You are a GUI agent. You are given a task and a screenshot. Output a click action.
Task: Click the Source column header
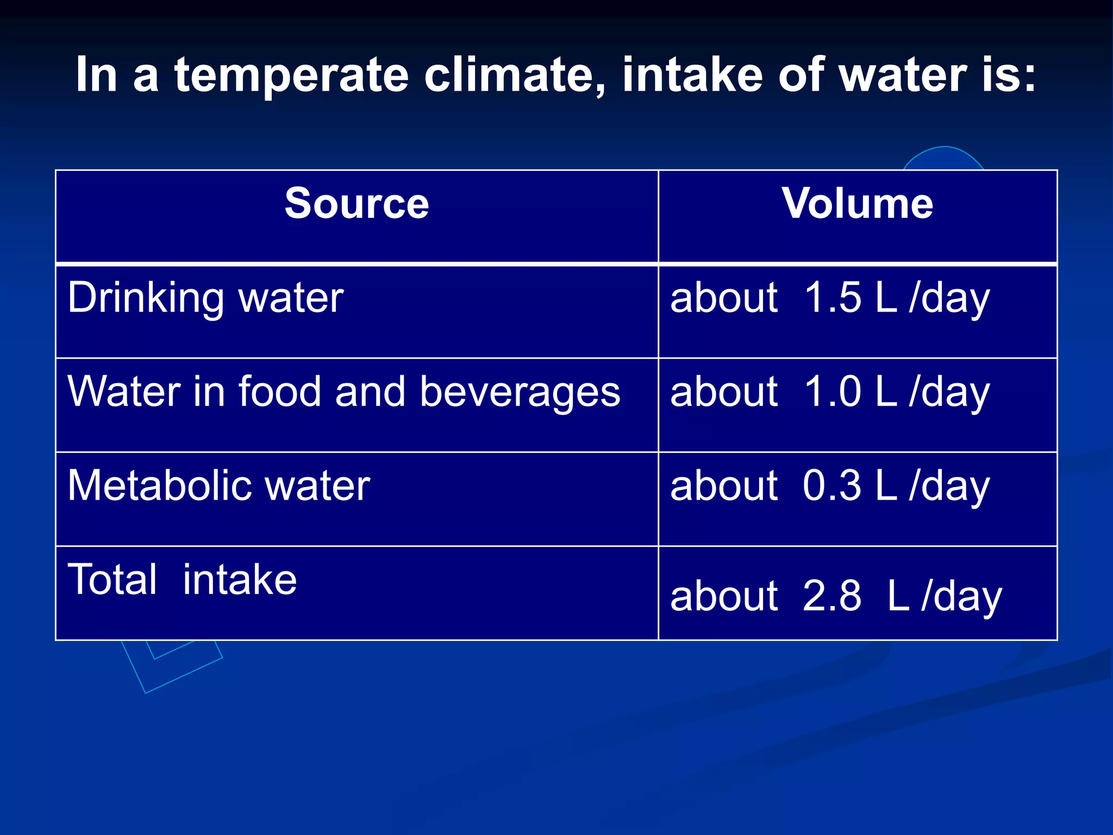(357, 204)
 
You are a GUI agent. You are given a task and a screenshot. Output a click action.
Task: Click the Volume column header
(857, 204)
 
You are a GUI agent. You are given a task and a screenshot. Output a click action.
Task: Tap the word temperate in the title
(291, 76)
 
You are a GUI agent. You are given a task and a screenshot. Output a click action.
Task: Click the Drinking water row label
(205, 298)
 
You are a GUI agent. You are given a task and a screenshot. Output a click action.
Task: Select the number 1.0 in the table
(832, 392)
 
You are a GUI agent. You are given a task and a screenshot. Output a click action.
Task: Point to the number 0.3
(832, 485)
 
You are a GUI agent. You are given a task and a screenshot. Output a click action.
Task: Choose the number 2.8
(831, 596)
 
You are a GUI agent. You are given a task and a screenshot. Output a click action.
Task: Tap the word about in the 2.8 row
(724, 596)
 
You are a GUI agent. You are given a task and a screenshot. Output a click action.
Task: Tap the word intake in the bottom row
(240, 579)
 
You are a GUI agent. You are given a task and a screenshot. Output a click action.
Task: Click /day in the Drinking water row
(950, 300)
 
